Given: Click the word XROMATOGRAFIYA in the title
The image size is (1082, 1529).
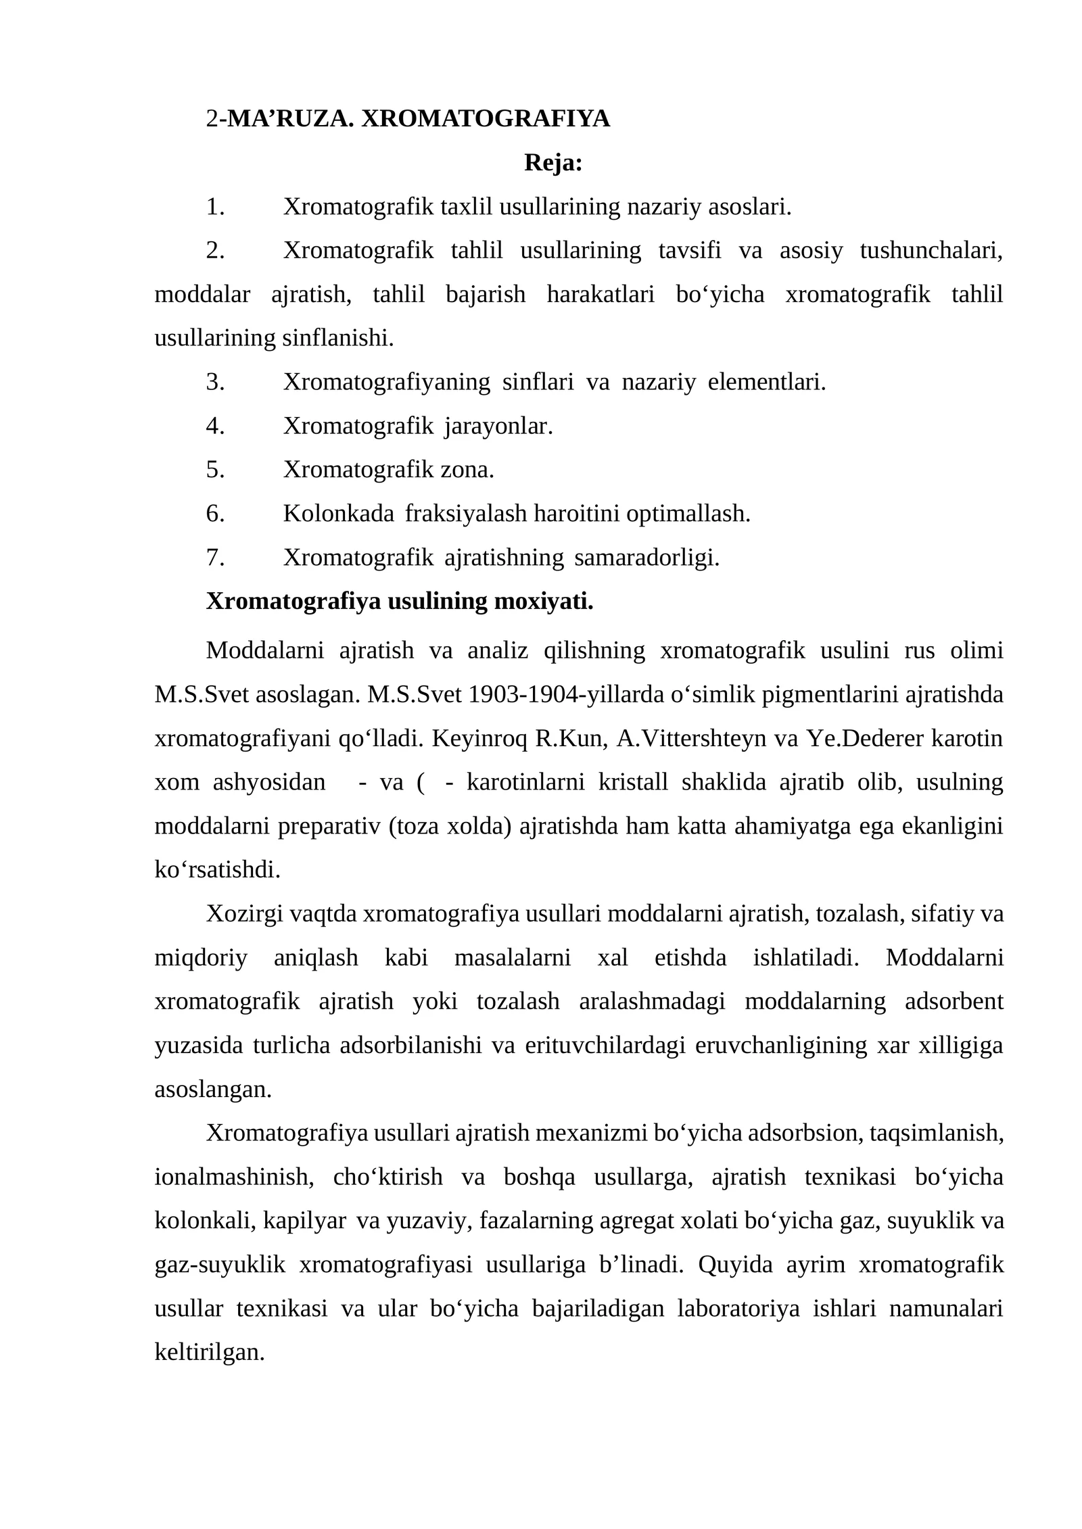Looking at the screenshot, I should (485, 118).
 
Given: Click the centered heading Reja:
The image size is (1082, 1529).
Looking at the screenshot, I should (552, 162).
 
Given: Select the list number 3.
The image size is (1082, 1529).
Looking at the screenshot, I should (215, 382).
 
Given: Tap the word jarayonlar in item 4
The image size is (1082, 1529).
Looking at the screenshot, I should (498, 426).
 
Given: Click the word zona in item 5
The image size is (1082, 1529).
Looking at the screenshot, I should (467, 469).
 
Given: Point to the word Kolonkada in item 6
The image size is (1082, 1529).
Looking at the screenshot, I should (338, 514).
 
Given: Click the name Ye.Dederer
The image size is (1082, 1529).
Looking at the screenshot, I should (865, 738).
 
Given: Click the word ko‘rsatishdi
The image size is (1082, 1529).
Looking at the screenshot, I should (217, 870).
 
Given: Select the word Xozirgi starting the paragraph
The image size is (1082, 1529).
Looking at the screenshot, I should (244, 914).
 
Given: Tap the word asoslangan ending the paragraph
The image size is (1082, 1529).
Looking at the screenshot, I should (212, 1090).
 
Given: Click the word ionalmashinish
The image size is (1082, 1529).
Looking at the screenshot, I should (234, 1178).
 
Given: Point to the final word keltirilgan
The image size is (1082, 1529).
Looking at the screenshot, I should (209, 1353).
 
